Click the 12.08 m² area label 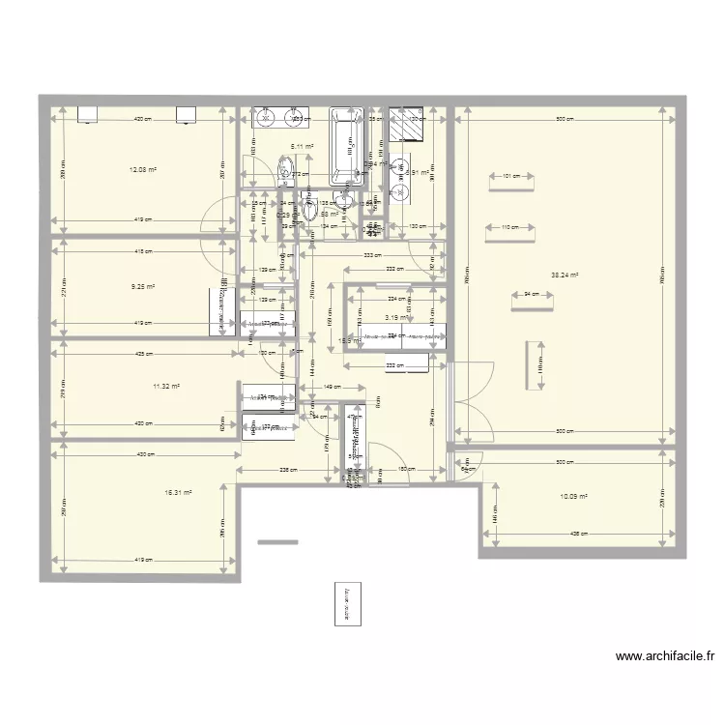[142, 169]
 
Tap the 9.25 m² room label [142, 287]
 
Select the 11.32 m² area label [166, 386]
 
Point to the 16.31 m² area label [178, 492]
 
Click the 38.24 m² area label [565, 275]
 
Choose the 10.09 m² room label [574, 497]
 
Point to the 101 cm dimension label [510, 177]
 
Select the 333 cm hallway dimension [370, 256]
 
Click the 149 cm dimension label [330, 388]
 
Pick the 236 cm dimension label [287, 470]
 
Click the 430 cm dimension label [142, 454]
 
